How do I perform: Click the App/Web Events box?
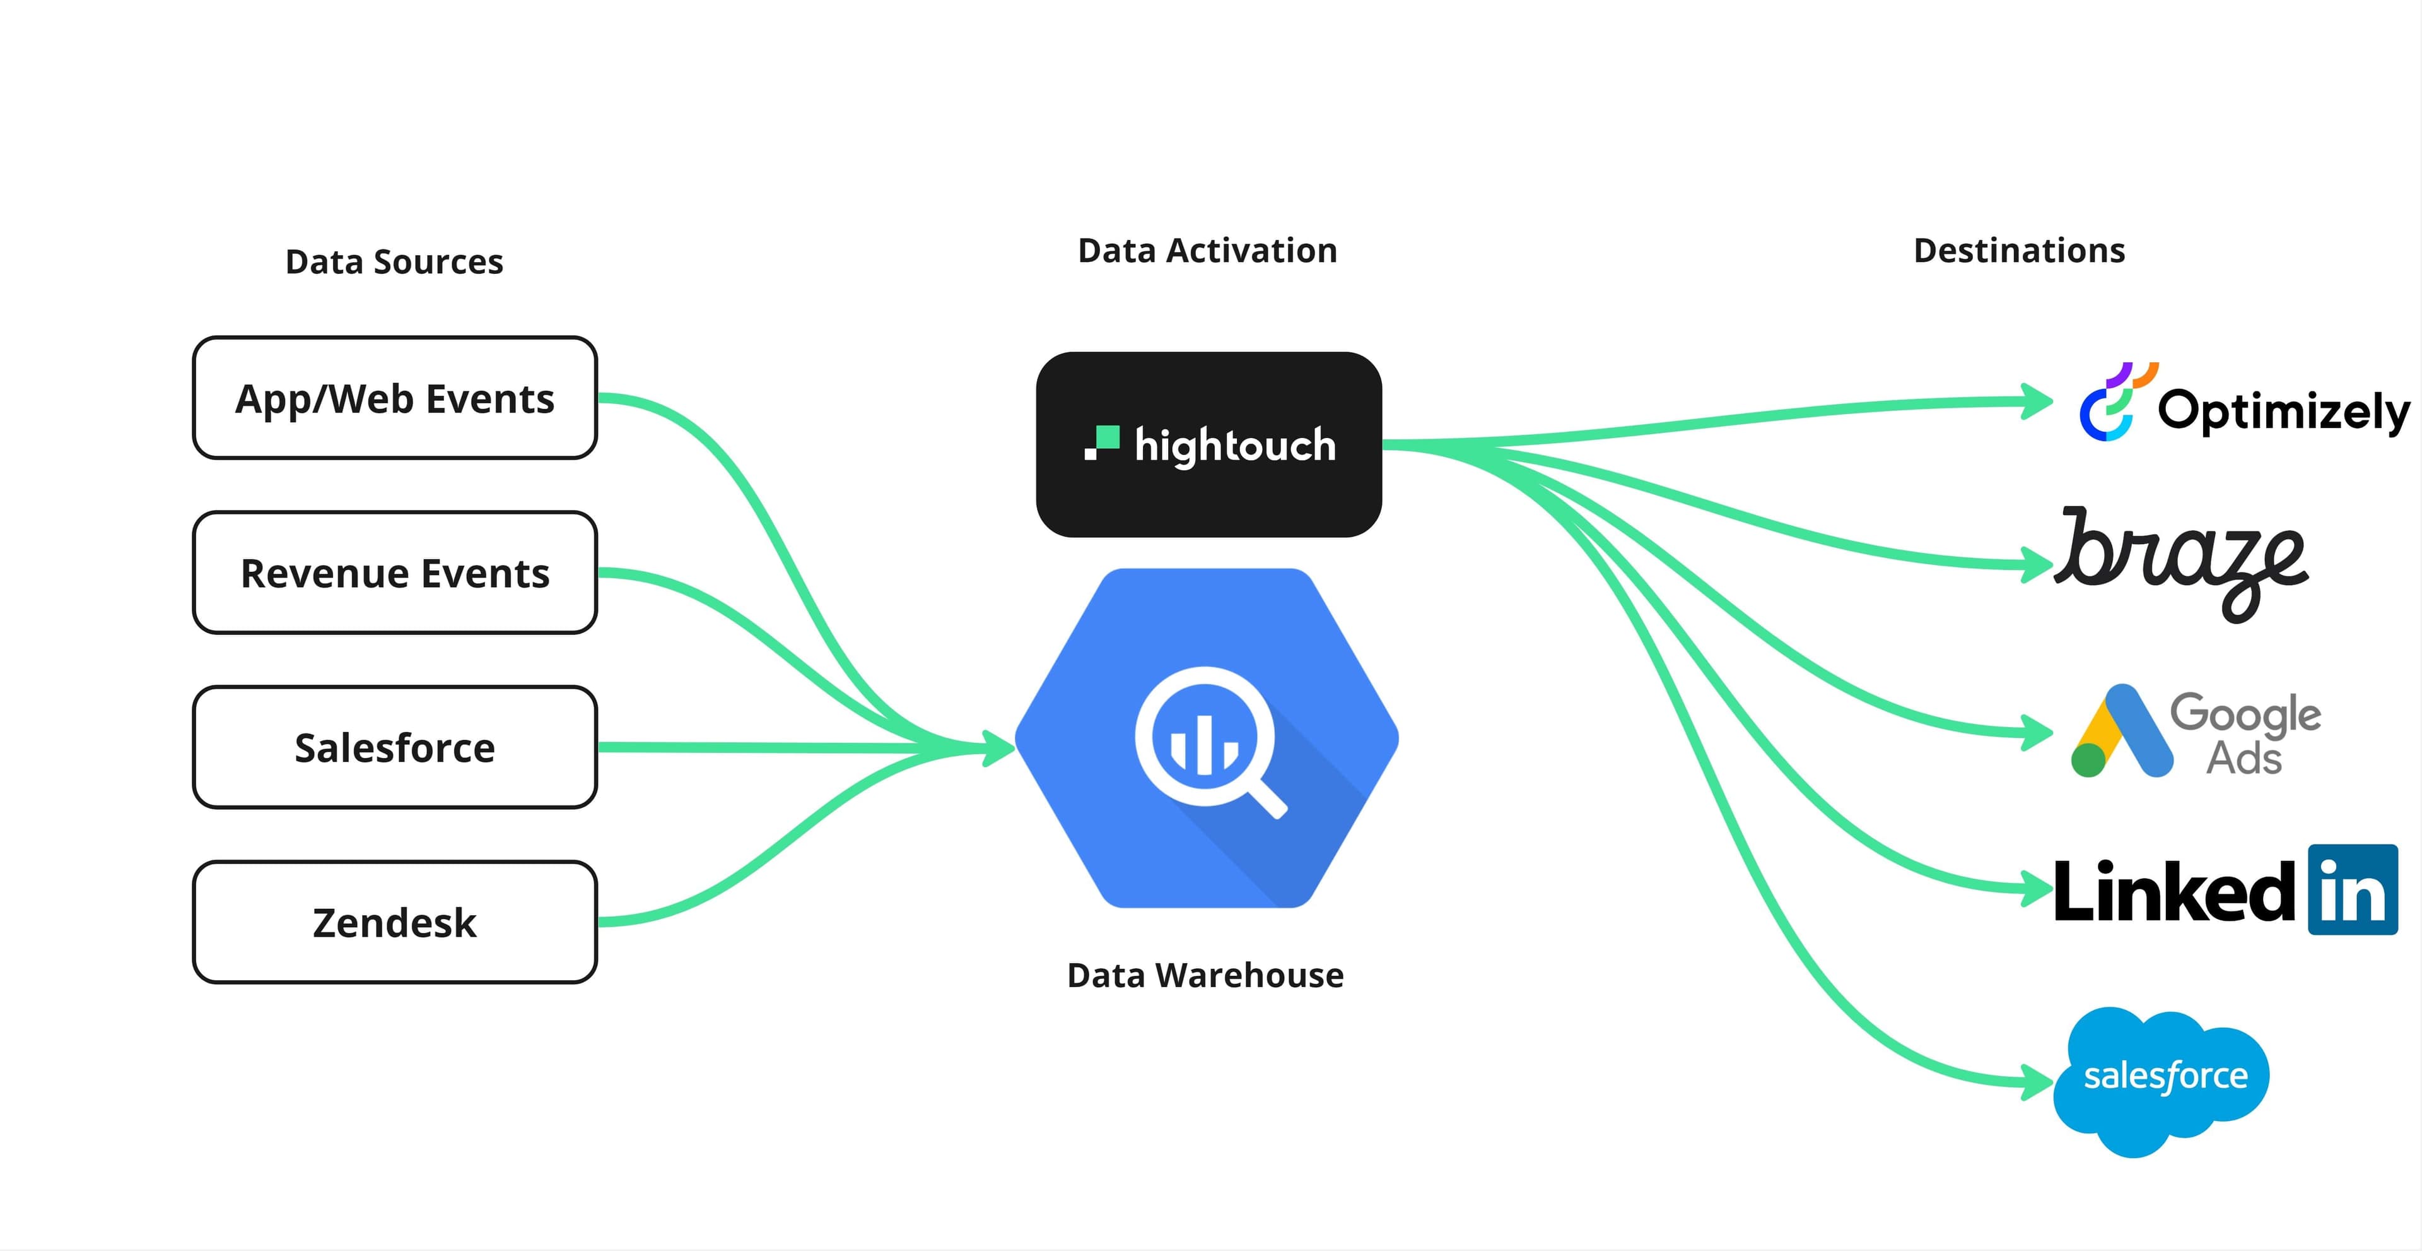(x=395, y=398)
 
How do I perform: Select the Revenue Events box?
(x=395, y=573)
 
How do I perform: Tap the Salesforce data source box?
(x=395, y=748)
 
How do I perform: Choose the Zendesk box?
(x=395, y=923)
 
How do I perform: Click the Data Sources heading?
(x=394, y=261)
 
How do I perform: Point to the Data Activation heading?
(x=1207, y=251)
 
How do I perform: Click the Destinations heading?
(x=2018, y=251)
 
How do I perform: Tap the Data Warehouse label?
(x=1205, y=975)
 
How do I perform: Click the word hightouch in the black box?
(x=1234, y=445)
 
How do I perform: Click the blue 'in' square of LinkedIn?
(x=2353, y=890)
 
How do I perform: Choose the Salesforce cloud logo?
(x=2161, y=1080)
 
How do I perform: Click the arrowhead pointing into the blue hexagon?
(x=998, y=749)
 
